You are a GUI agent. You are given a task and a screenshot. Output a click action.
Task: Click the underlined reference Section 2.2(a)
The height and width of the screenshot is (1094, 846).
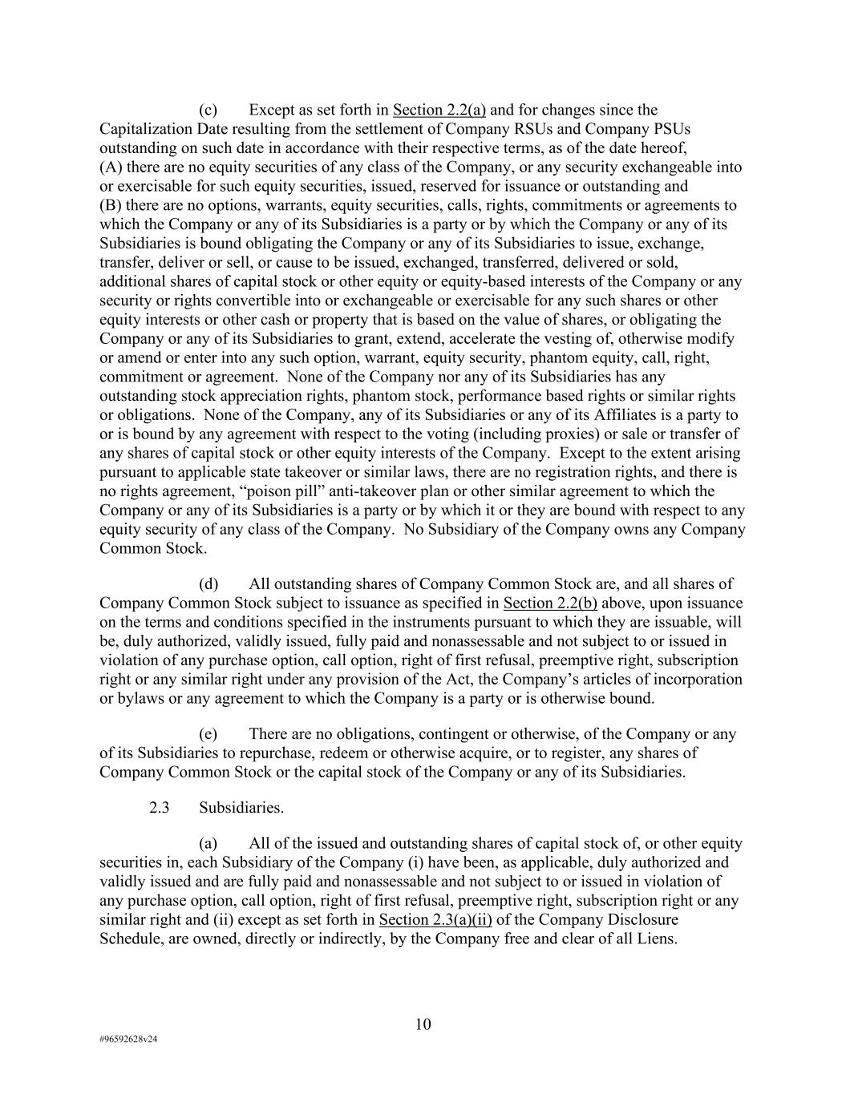coord(439,110)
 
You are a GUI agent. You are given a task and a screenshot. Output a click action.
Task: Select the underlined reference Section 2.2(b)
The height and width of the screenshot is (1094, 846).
coord(550,603)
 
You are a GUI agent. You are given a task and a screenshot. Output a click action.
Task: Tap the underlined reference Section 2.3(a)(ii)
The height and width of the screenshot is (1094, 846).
coord(435,919)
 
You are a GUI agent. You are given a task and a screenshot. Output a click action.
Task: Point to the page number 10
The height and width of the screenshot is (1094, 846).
coord(423,1024)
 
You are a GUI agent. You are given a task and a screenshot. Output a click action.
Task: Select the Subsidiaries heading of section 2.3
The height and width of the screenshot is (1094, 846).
coord(241,808)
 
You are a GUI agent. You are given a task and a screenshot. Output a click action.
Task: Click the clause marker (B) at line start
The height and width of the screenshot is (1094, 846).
coord(110,205)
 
